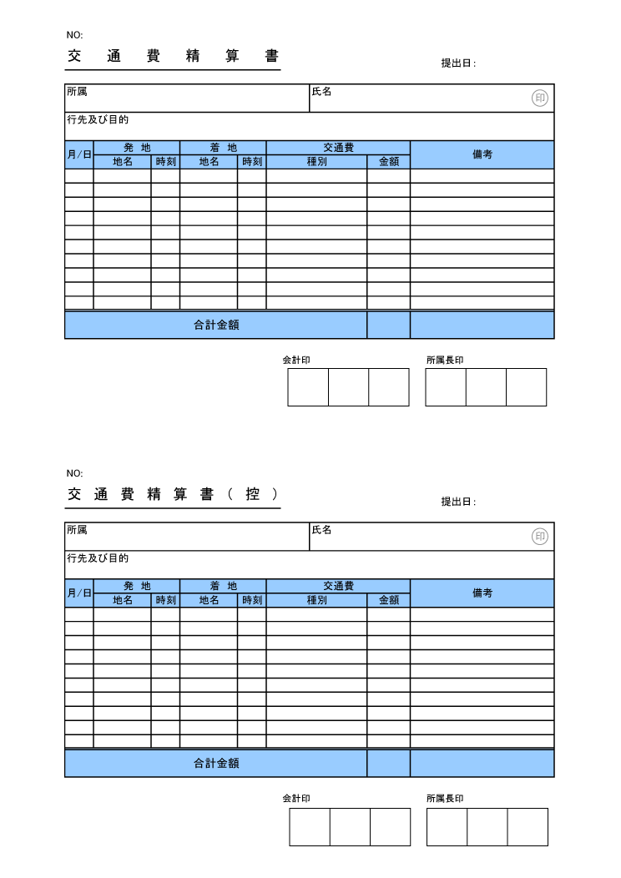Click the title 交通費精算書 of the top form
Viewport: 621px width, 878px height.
pyautogui.click(x=173, y=57)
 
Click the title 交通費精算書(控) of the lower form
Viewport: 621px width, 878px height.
pyautogui.click(x=173, y=494)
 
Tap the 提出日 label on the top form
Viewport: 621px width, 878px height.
pyautogui.click(x=457, y=63)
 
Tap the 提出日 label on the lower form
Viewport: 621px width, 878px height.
pyautogui.click(x=457, y=502)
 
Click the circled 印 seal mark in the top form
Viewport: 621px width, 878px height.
pyautogui.click(x=540, y=98)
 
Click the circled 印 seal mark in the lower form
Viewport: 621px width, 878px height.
pyautogui.click(x=540, y=537)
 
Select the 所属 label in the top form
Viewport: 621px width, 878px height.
pyautogui.click(x=77, y=92)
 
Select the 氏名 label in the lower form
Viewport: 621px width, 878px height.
pyautogui.click(x=321, y=530)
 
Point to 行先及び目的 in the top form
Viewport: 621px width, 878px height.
pyautogui.click(x=98, y=120)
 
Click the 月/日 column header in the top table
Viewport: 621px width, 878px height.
pyautogui.click(x=79, y=154)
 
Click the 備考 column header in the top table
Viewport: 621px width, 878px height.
pyautogui.click(x=482, y=154)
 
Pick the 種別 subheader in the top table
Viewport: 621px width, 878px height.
pyautogui.click(x=316, y=162)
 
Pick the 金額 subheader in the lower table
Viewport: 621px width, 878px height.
pyautogui.click(x=389, y=600)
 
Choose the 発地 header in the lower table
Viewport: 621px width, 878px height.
pyautogui.click(x=137, y=586)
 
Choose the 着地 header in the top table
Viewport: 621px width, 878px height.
pyautogui.click(x=223, y=148)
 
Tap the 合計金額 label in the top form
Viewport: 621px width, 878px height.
pyautogui.click(x=216, y=325)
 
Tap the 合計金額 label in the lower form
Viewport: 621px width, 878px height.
pyautogui.click(x=216, y=764)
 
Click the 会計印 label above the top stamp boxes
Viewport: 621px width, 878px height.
pyautogui.click(x=296, y=361)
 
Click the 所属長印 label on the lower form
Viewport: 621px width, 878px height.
pyautogui.click(x=445, y=799)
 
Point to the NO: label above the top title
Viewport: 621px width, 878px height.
pyautogui.click(x=75, y=35)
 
